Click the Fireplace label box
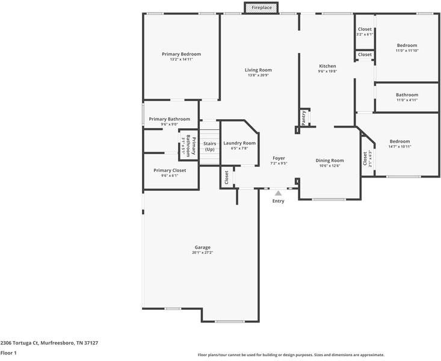click(261, 8)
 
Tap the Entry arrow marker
click(278, 193)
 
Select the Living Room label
click(258, 70)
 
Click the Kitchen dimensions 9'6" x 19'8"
click(327, 72)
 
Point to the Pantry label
click(304, 117)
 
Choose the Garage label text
click(202, 247)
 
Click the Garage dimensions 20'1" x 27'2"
click(202, 253)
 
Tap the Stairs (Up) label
click(209, 146)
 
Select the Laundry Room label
click(239, 143)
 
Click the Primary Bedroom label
click(181, 54)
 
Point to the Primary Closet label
click(169, 170)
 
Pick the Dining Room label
click(330, 160)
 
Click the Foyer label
click(279, 158)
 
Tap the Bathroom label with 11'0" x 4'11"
click(407, 94)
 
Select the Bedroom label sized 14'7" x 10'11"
click(399, 141)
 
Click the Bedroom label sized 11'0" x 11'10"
click(407, 45)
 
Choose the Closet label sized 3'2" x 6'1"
click(365, 29)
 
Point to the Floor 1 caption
click(8, 353)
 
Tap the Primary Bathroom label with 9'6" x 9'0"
click(169, 119)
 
